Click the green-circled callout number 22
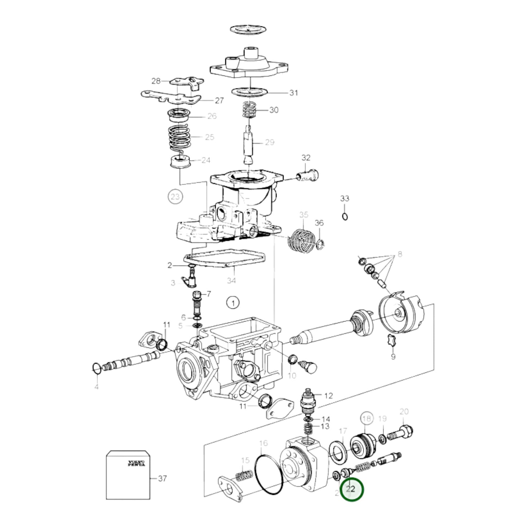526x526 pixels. tap(351, 489)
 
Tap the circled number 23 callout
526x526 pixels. tap(175, 197)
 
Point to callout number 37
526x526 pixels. tap(162, 478)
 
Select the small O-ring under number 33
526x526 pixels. tap(345, 217)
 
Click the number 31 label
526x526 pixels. tap(293, 93)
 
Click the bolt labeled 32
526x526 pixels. tap(308, 175)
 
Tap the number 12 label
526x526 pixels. tap(328, 396)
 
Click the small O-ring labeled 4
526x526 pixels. tap(96, 369)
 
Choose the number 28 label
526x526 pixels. tap(156, 81)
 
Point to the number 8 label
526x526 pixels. tap(400, 254)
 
